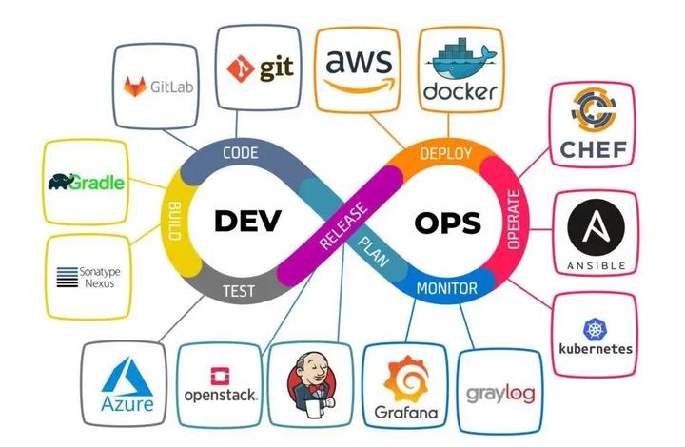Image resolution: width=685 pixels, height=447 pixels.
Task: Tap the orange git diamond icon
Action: click(239, 69)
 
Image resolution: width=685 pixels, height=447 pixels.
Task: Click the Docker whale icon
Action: click(460, 59)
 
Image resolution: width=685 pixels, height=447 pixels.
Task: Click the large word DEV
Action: click(248, 221)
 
